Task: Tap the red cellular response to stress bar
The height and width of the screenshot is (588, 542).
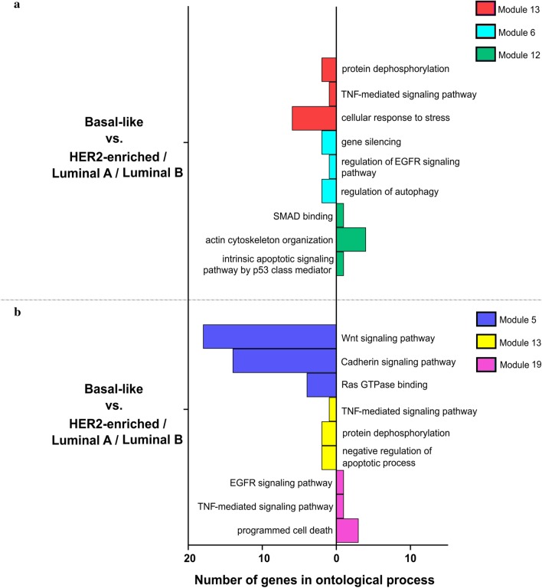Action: (314, 119)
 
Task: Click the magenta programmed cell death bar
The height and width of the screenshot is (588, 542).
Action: (347, 531)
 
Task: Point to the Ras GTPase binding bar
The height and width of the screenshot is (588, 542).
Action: (322, 385)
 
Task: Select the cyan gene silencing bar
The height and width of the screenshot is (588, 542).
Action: (328, 142)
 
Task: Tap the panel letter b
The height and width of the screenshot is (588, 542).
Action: (6, 312)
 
